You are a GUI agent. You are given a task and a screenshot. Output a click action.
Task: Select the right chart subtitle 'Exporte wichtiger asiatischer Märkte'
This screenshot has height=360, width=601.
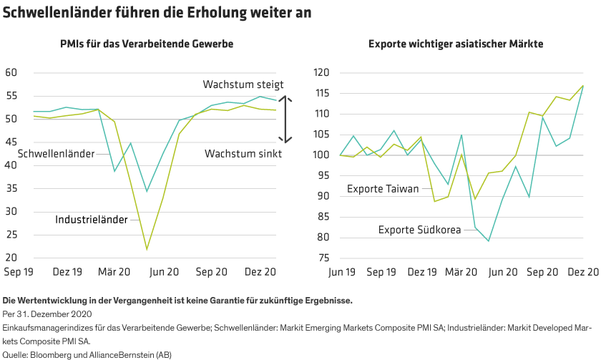(x=456, y=44)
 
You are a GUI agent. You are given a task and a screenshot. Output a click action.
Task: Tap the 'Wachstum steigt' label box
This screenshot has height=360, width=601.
(x=243, y=85)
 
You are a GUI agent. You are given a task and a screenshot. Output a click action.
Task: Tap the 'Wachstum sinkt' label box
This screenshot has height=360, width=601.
(x=243, y=153)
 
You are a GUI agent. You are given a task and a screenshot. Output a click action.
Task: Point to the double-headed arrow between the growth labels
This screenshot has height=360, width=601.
(x=285, y=119)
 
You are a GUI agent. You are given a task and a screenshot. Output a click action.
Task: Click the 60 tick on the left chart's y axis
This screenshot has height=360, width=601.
(x=11, y=73)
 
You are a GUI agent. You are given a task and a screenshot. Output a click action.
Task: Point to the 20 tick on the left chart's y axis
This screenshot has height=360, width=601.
(x=11, y=258)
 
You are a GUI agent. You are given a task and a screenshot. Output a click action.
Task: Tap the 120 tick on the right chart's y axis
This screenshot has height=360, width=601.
(x=321, y=73)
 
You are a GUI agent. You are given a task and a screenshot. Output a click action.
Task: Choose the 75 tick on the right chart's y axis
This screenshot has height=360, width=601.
(x=323, y=258)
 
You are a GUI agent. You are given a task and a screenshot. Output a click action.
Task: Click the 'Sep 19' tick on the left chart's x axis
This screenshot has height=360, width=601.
(x=19, y=272)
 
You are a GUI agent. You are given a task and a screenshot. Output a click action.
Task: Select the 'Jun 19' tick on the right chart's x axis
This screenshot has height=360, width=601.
(x=341, y=272)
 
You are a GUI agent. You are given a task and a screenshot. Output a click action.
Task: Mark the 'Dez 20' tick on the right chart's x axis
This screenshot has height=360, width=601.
(x=582, y=272)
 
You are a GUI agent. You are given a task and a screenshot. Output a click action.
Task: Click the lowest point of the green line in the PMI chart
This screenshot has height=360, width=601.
(x=147, y=249)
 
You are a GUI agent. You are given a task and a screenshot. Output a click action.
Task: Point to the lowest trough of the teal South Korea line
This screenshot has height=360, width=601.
(x=489, y=241)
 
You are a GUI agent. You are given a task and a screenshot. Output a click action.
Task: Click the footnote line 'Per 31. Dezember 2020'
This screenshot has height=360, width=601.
(x=49, y=313)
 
